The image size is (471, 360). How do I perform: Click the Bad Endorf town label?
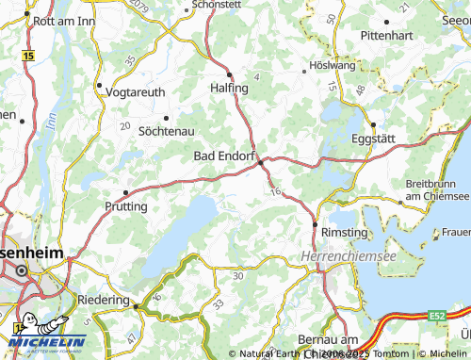coord(224,155)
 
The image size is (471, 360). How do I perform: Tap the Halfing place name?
coord(229,88)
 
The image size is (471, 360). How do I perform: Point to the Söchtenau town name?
coord(167,132)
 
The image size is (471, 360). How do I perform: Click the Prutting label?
coord(126,205)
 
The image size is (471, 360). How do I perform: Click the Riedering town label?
coord(103,300)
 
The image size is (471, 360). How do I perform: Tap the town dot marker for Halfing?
coord(229,74)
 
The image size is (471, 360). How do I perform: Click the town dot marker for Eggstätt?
coord(373,124)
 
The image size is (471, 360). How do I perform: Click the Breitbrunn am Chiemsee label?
coord(436,189)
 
